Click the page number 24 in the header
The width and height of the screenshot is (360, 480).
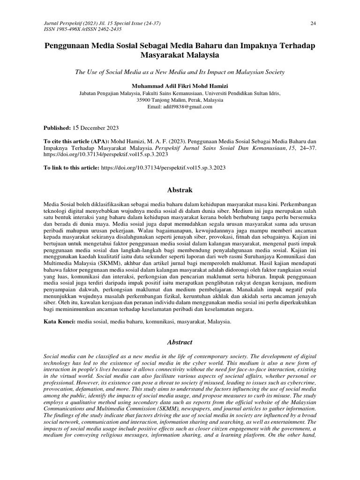click(x=313, y=23)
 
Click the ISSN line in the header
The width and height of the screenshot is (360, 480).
click(x=75, y=29)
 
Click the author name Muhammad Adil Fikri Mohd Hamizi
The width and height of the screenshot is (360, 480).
click(x=180, y=86)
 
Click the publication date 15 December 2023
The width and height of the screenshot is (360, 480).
click(x=95, y=127)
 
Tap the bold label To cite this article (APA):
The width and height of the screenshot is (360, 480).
click(x=77, y=141)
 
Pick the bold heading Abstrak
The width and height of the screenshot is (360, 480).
click(x=180, y=190)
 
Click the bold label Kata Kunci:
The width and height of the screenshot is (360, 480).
click(x=59, y=322)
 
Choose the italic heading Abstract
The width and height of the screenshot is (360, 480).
click(x=180, y=343)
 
